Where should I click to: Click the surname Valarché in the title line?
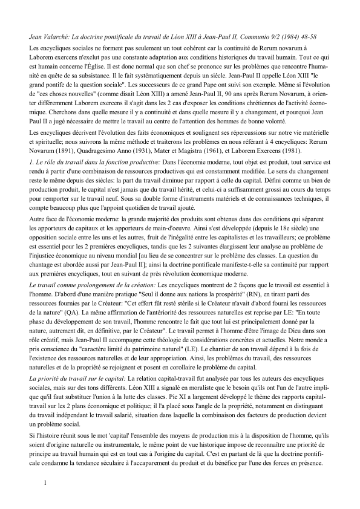coord(54,37)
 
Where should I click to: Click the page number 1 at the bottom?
coord(44,482)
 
